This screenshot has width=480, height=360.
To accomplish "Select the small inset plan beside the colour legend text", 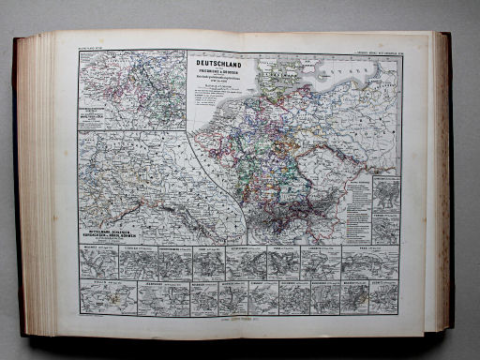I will click(x=384, y=193).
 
